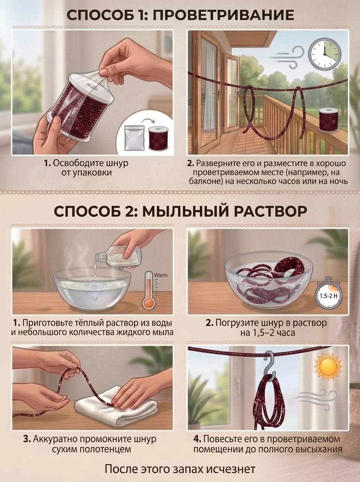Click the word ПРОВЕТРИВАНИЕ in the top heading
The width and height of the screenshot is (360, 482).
(223, 15)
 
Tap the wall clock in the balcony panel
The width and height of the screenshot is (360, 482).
(325, 55)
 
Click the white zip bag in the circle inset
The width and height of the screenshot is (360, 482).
(134, 138)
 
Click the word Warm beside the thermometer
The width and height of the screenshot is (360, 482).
(161, 275)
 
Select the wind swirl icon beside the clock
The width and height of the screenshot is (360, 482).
(288, 57)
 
